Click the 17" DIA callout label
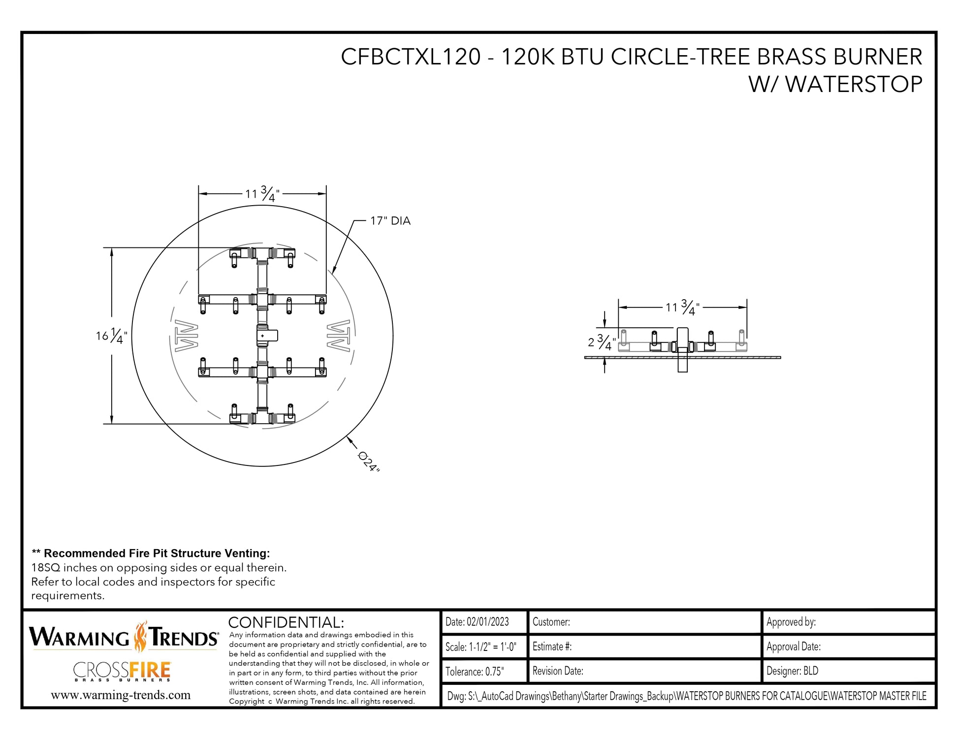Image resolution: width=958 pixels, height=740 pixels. pos(390,221)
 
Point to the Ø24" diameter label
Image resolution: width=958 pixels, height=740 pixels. pos(369,462)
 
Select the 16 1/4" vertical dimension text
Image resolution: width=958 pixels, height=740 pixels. pos(111,336)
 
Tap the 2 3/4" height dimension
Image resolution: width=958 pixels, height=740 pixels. pos(602,342)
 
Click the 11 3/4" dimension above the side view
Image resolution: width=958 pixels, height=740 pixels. pos(682,308)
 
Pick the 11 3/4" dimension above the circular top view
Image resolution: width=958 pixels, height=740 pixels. pos(262,194)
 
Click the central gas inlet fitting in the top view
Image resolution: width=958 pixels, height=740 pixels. pos(266,336)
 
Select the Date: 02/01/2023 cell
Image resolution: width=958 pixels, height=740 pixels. pos(477,622)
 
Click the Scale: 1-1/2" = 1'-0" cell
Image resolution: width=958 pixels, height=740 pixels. pos(481,647)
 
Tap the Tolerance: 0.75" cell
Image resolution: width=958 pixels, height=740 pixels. pos(475,672)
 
